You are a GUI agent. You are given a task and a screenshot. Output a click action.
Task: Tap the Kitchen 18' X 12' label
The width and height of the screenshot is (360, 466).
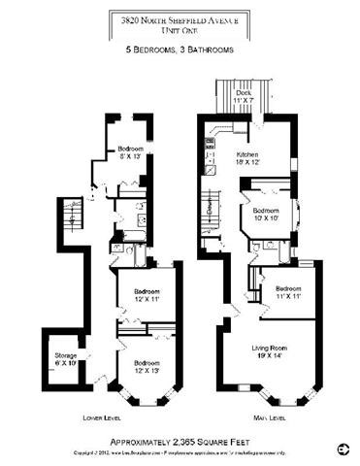[x=253, y=159]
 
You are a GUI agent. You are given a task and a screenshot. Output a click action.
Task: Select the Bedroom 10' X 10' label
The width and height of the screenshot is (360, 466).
[x=267, y=214]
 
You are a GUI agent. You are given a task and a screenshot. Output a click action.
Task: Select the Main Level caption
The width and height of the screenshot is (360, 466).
[x=268, y=419]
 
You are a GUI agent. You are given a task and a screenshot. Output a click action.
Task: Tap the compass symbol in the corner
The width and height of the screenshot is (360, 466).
[x=341, y=449]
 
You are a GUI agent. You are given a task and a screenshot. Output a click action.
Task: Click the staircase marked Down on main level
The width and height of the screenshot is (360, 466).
[x=214, y=209]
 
